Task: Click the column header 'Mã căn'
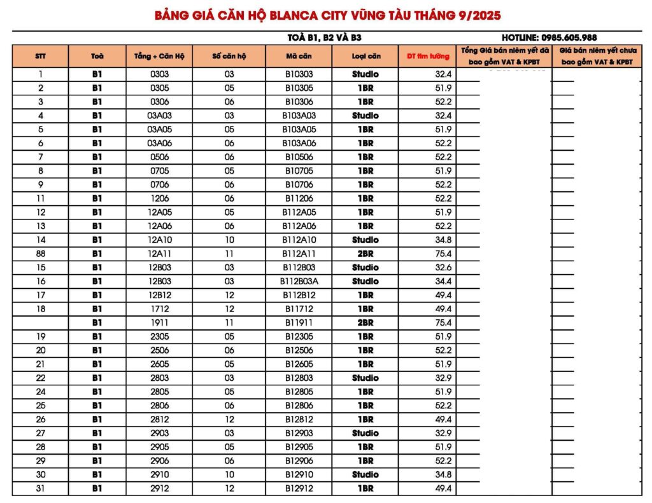(299, 56)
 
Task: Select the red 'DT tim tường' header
(428, 56)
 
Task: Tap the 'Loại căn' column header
(365, 56)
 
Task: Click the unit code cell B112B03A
(299, 281)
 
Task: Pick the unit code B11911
(299, 322)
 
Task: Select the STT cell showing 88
(41, 254)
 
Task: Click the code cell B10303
(299, 74)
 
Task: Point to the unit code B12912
(299, 488)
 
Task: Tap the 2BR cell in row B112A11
(365, 254)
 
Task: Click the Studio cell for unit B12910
(365, 474)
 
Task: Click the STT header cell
(41, 56)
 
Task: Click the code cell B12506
(299, 350)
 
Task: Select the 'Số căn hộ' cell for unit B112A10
(229, 240)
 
